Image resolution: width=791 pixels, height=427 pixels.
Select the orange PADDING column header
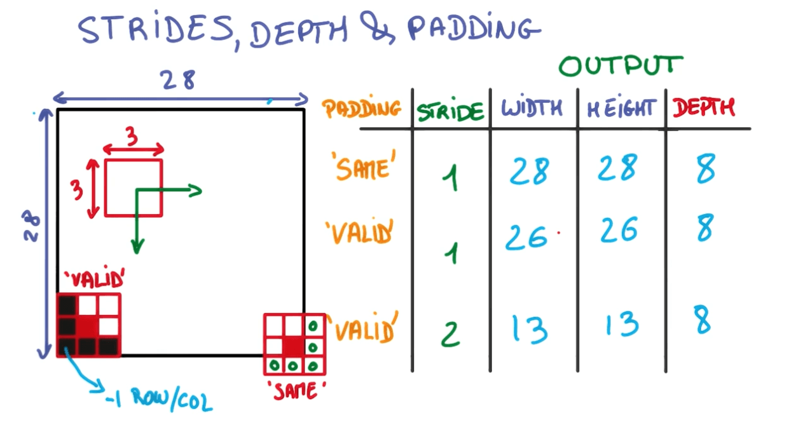coord(362,109)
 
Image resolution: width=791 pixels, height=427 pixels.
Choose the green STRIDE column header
coord(450,112)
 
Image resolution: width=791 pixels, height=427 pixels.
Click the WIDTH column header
coord(532,109)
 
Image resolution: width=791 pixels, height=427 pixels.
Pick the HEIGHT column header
coord(621,109)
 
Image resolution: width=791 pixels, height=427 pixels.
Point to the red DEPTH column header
coord(703,109)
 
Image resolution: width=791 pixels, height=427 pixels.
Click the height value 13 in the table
coord(621,325)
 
